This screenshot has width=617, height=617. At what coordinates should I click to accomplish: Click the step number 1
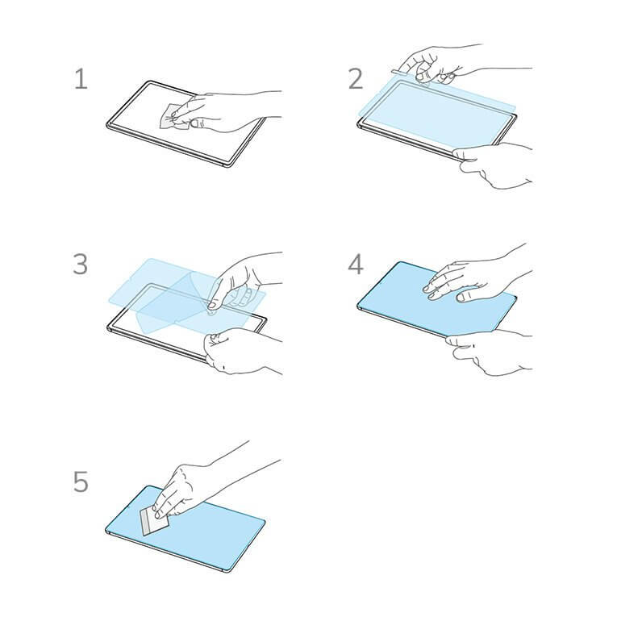pyautogui.click(x=81, y=79)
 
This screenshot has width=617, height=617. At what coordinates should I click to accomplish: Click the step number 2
pyautogui.click(x=356, y=79)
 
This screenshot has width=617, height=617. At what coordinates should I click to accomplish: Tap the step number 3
pyautogui.click(x=81, y=264)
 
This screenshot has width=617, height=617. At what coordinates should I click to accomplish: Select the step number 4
pyautogui.click(x=356, y=264)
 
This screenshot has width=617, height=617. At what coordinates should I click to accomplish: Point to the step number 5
pyautogui.click(x=81, y=482)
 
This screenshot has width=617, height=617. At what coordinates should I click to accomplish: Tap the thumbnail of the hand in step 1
pyautogui.click(x=194, y=123)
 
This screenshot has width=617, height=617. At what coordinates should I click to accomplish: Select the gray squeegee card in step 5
pyautogui.click(x=154, y=520)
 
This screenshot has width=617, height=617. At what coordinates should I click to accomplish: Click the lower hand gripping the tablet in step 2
pyautogui.click(x=494, y=165)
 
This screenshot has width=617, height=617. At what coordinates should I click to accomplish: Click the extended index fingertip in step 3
pyautogui.click(x=211, y=305)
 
